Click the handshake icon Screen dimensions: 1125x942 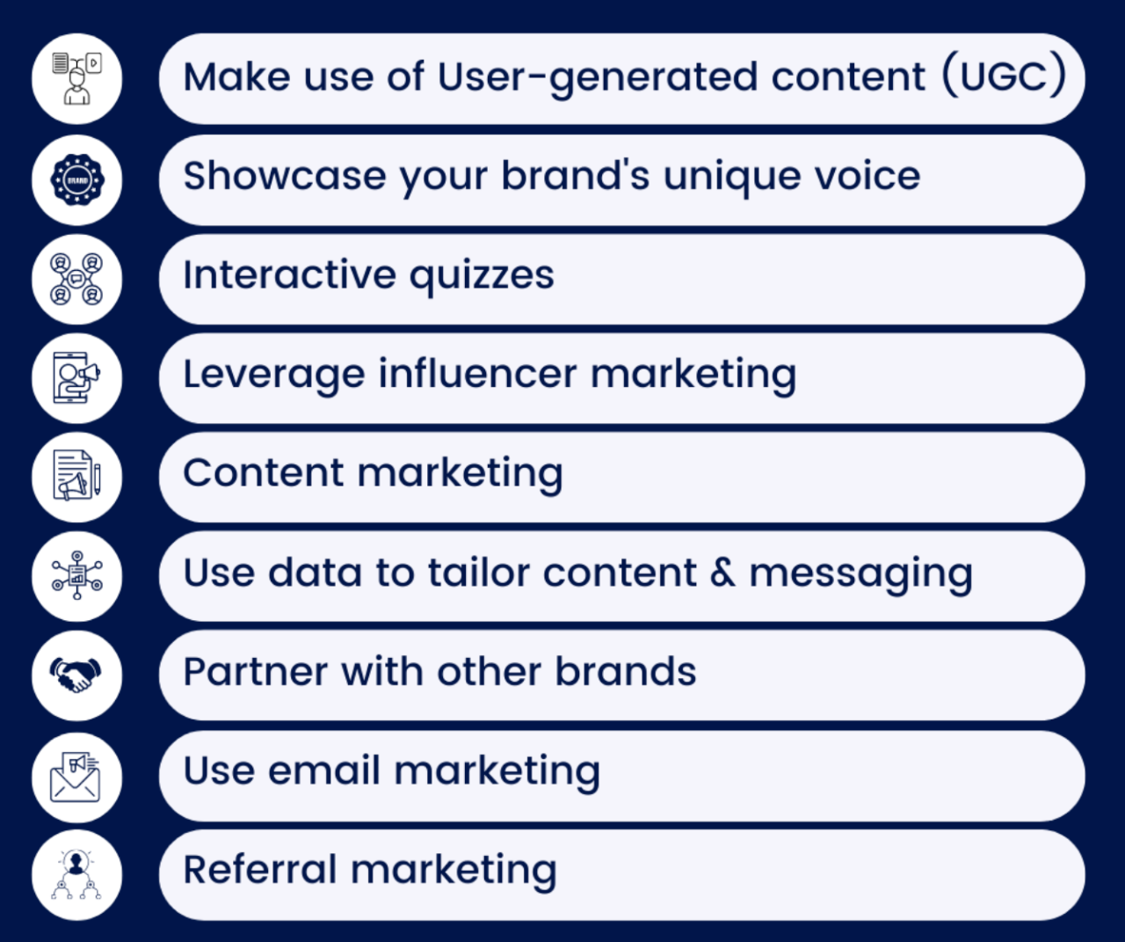pos(76,675)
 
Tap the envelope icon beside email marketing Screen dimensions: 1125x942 pos(76,777)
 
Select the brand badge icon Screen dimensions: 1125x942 pos(77,180)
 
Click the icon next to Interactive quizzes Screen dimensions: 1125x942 pos(76,279)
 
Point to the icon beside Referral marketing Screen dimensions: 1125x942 pos(76,874)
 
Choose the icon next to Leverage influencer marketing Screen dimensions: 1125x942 pos(76,377)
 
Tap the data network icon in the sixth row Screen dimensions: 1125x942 pos(77,575)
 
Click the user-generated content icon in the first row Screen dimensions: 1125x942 pos(77,78)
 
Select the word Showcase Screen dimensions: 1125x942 pos(285,176)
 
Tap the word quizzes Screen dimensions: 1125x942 pos(482,276)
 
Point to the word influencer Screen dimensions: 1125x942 pos(477,374)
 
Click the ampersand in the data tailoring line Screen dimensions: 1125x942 pos(722,572)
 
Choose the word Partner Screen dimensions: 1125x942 pos(256,672)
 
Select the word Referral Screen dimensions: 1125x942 pos(260,869)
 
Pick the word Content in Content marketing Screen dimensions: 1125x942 pos(264,473)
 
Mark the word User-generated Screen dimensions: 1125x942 pos(598,78)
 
